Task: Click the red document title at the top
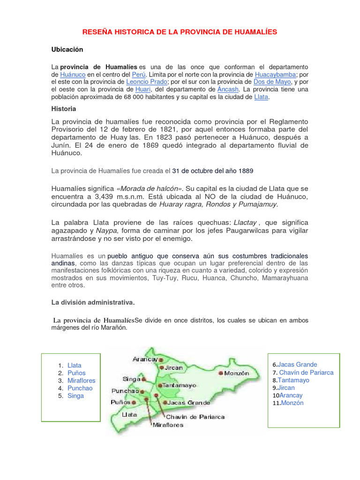click(x=180, y=32)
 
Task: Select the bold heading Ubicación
click(x=67, y=49)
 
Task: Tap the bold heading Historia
click(x=63, y=109)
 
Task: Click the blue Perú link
click(x=139, y=75)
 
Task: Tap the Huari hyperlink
click(x=143, y=89)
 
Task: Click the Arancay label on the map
click(x=145, y=359)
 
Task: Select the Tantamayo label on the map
click(x=180, y=385)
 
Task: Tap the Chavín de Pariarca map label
click(x=195, y=417)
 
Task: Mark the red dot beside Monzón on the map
click(x=221, y=373)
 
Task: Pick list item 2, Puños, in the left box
click(x=76, y=373)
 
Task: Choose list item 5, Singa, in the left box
click(x=75, y=396)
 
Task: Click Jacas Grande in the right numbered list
click(x=298, y=365)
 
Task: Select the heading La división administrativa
click(x=93, y=302)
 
